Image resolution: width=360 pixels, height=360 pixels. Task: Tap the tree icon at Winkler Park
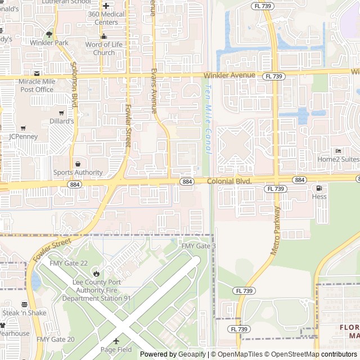click(49, 34)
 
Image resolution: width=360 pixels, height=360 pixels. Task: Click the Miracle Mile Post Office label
click(37, 85)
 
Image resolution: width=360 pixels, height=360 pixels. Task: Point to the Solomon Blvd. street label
click(74, 92)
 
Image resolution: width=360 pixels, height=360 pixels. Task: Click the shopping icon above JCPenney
click(23, 128)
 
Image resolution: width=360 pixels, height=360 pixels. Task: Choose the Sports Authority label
click(78, 173)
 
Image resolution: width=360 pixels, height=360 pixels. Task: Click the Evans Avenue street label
click(154, 91)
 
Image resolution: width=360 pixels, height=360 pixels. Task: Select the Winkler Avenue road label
click(229, 75)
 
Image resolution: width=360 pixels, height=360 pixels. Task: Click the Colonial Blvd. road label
click(229, 181)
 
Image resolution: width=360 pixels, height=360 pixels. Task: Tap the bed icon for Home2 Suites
click(338, 151)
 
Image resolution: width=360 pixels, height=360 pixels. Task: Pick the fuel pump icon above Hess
click(319, 188)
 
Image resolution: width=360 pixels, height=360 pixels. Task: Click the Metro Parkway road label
click(276, 231)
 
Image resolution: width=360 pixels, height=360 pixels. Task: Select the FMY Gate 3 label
click(199, 246)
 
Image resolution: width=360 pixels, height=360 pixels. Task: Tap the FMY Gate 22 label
click(69, 263)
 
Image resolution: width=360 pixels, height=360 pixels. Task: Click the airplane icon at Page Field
click(116, 341)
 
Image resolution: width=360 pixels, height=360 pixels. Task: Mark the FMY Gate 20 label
click(55, 339)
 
